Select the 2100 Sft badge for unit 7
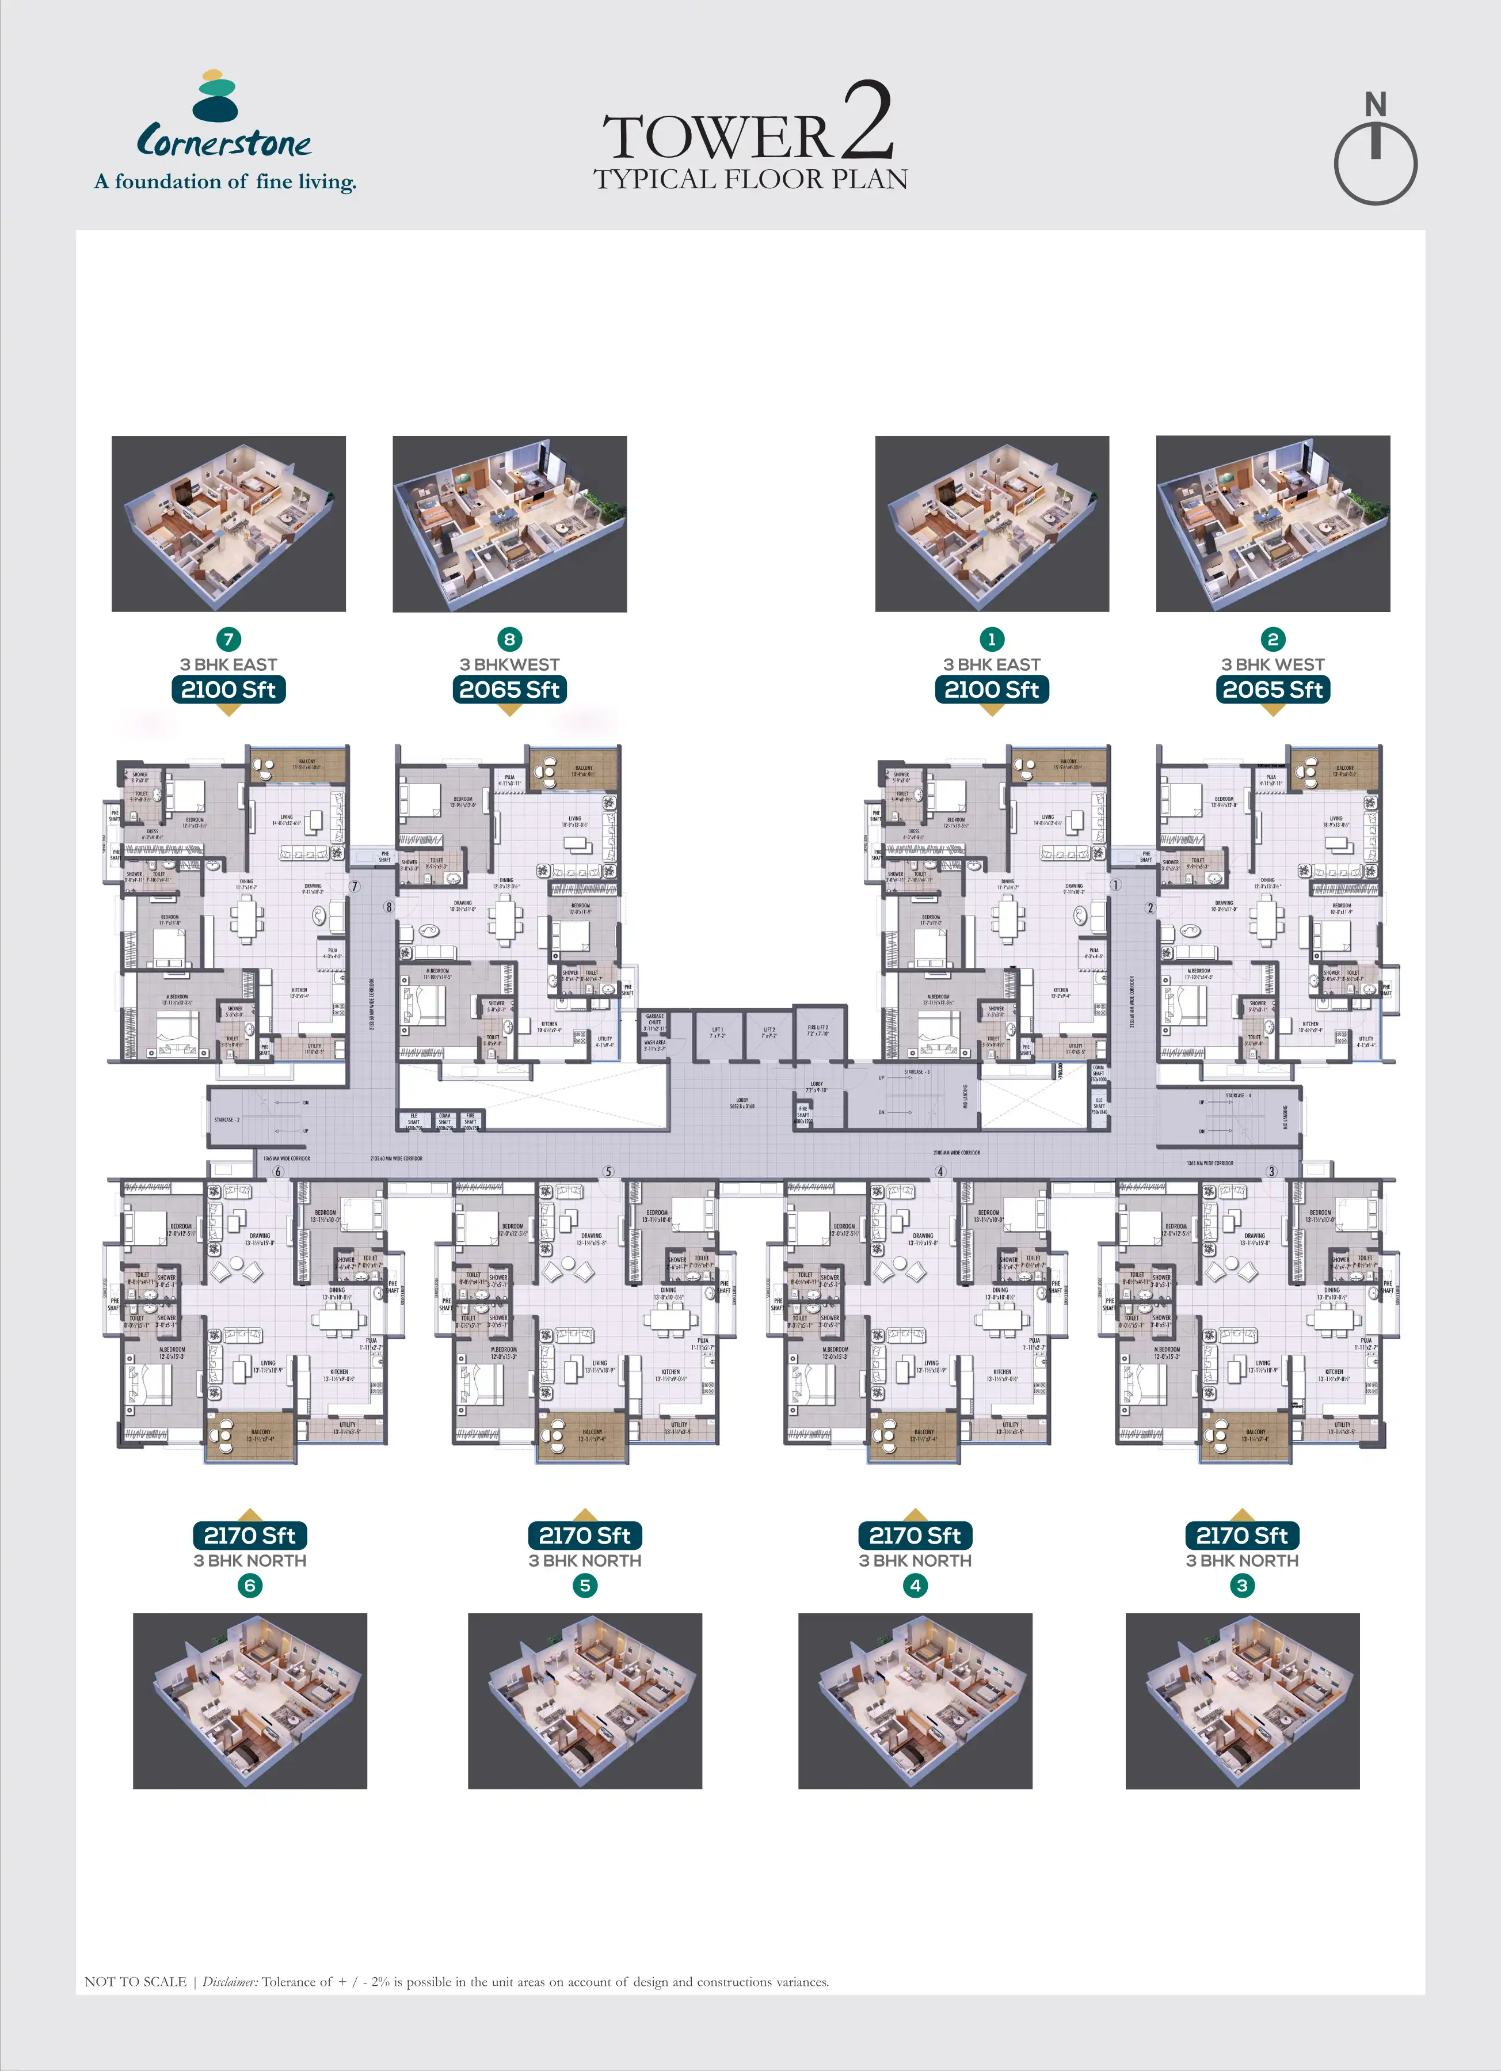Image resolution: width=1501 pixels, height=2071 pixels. click(x=228, y=689)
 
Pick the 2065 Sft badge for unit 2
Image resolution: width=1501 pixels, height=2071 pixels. click(x=1273, y=689)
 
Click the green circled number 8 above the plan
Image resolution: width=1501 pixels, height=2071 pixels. click(x=509, y=639)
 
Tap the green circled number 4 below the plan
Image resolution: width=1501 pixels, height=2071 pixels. click(x=915, y=1585)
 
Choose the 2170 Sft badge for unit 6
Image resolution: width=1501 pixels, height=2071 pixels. click(x=249, y=1535)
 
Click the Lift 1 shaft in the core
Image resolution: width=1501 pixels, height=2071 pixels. click(x=718, y=1033)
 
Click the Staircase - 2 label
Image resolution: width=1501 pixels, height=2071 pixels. click(x=226, y=1119)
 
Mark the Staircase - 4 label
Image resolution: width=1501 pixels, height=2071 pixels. click(x=1237, y=1095)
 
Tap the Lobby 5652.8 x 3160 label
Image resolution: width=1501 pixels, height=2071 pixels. click(x=741, y=1103)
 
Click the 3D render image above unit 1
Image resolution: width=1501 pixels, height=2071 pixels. click(x=992, y=523)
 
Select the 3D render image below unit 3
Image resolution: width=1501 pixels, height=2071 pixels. click(x=1241, y=1700)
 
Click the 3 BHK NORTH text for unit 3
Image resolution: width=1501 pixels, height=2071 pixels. click(x=1241, y=1560)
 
